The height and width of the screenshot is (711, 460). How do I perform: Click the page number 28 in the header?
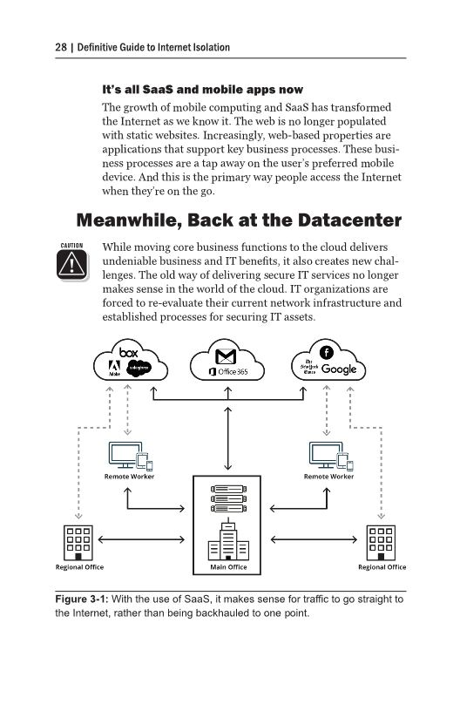pyautogui.click(x=30, y=46)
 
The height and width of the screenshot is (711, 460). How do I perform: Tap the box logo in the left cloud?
pyautogui.click(x=130, y=352)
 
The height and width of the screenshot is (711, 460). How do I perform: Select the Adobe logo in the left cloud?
pyautogui.click(x=113, y=369)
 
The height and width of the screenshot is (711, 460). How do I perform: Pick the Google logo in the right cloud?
pyautogui.click(x=339, y=369)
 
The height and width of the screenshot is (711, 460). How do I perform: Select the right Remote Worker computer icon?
pyautogui.click(x=328, y=456)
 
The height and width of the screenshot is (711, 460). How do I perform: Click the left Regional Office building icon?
pyautogui.click(x=79, y=544)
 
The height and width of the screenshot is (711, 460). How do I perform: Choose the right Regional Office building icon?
pyautogui.click(x=382, y=544)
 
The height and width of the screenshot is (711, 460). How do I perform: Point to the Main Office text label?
pyautogui.click(x=229, y=567)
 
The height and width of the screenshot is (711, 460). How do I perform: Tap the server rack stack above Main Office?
pyautogui.click(x=229, y=499)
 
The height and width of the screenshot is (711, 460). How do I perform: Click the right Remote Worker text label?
pyautogui.click(x=328, y=477)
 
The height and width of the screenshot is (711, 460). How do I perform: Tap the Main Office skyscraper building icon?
pyautogui.click(x=229, y=541)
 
